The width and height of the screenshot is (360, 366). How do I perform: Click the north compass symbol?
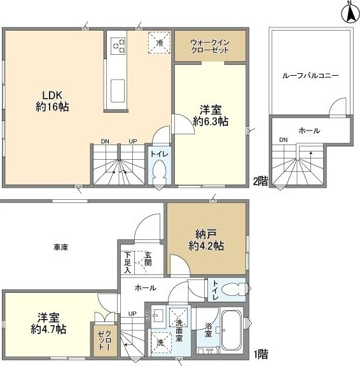click(x=349, y=13)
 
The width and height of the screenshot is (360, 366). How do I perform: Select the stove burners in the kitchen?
click(x=119, y=45)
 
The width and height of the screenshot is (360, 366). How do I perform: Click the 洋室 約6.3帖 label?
click(x=211, y=115)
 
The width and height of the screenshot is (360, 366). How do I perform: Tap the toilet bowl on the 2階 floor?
click(x=159, y=172)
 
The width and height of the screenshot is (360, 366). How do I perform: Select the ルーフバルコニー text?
click(x=310, y=75)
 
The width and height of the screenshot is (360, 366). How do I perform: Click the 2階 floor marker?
click(x=259, y=180)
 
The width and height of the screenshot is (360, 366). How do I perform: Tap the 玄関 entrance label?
click(x=148, y=258)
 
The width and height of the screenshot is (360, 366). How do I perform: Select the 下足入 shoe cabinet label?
click(x=128, y=262)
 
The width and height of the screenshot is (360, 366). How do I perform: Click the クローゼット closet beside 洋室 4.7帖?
click(x=105, y=342)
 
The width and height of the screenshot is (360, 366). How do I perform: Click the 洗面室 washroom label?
click(x=179, y=330)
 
